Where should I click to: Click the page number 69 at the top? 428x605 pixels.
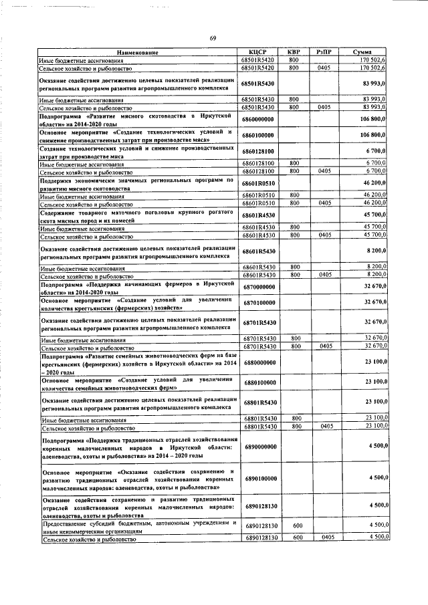click(x=212, y=37)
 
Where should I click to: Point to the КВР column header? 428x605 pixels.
click(x=293, y=52)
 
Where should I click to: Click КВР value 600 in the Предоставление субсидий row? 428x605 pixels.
click(x=294, y=527)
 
